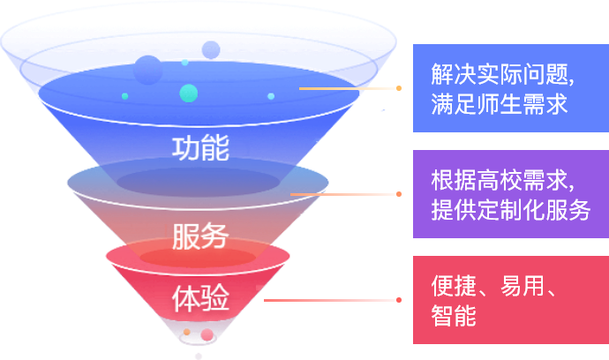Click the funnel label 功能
click(200, 146)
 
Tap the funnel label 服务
click(200, 236)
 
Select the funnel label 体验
click(200, 299)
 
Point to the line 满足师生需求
click(499, 103)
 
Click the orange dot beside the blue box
click(399, 88)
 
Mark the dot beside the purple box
click(399, 194)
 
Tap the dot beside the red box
click(399, 300)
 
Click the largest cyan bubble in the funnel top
click(188, 93)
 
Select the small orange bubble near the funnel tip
click(186, 332)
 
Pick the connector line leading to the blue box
click(349, 88)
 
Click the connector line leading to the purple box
click(344, 194)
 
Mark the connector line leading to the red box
click(331, 300)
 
